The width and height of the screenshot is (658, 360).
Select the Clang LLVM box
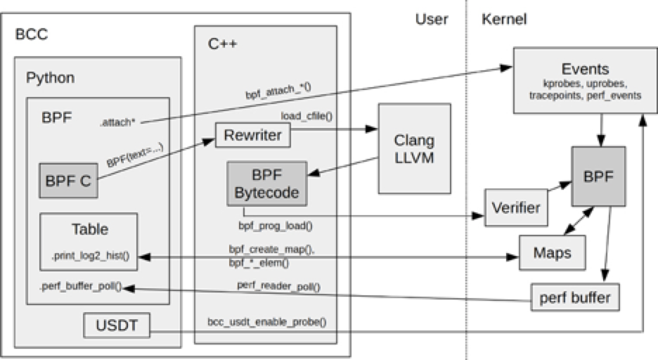pyautogui.click(x=414, y=149)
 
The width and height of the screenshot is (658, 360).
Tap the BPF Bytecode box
pyautogui.click(x=266, y=184)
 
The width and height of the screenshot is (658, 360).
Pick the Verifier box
pyautogui.click(x=515, y=207)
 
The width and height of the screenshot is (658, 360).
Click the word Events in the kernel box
pyautogui.click(x=586, y=69)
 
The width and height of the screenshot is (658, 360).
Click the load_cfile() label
pyautogui.click(x=306, y=117)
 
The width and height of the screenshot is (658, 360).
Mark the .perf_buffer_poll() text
pyautogui.click(x=81, y=287)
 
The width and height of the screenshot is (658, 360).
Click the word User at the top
pyautogui.click(x=431, y=20)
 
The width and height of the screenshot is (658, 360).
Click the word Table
pyautogui.click(x=89, y=229)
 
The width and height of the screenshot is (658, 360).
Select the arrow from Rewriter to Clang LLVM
pyautogui.click(x=330, y=131)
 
